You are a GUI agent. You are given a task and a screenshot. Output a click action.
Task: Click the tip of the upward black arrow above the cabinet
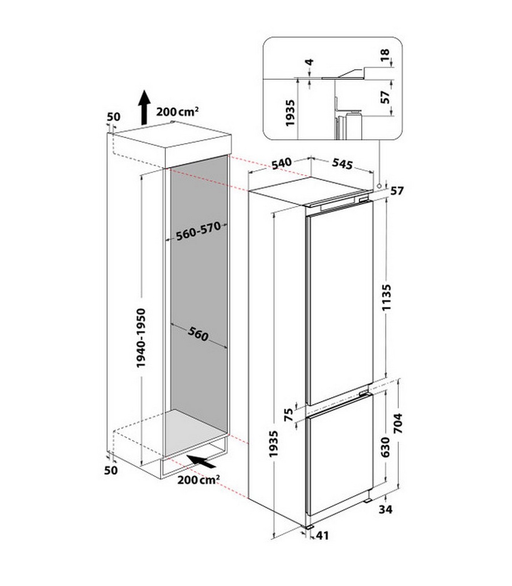point(144,91)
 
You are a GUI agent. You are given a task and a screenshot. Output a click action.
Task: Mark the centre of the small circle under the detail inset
point(379,186)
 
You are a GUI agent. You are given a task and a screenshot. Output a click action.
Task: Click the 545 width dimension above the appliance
point(342,164)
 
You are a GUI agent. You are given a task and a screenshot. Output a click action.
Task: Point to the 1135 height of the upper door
point(387,297)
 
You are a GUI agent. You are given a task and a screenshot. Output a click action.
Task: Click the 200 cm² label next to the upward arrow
point(177,111)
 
